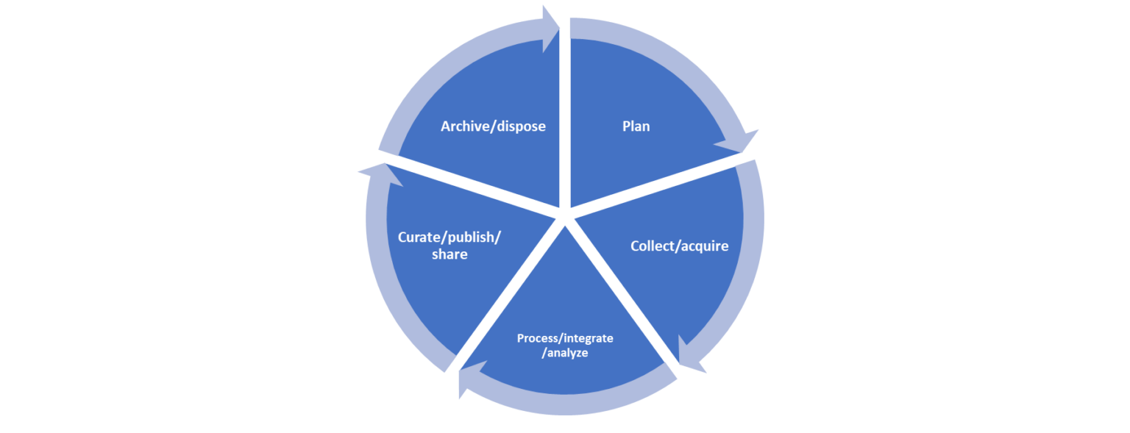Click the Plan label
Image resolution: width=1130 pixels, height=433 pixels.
pos(636,126)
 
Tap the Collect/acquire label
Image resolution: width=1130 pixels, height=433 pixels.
pos(679,246)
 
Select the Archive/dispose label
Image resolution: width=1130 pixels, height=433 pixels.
pos(493,126)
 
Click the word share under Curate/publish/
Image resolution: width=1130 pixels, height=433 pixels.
pos(449,254)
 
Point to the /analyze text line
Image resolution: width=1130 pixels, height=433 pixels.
pos(565,353)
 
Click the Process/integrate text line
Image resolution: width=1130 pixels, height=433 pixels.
pos(565,338)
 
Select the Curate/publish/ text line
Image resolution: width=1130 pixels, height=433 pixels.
pos(449,237)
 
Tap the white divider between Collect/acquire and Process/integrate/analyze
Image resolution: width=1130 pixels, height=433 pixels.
pos(625,294)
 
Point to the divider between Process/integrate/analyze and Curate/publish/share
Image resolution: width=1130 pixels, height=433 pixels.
pos(508,294)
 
